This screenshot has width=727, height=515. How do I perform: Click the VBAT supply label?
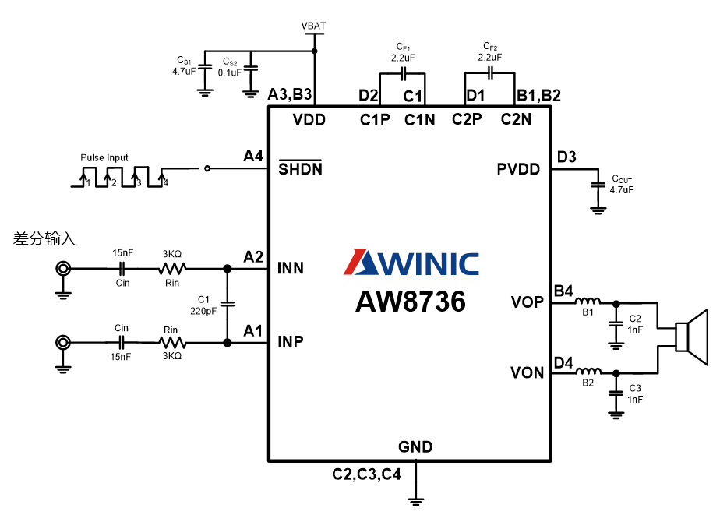click(x=313, y=26)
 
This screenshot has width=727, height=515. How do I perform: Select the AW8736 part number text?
click(x=411, y=302)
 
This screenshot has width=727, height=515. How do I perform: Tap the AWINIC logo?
click(x=411, y=263)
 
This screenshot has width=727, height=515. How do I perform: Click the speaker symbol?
click(x=691, y=337)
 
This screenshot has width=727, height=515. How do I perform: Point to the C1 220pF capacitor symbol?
click(x=228, y=304)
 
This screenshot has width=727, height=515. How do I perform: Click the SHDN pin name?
click(x=300, y=168)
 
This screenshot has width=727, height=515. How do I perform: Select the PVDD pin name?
click(x=518, y=169)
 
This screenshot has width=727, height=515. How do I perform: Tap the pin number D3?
click(x=566, y=157)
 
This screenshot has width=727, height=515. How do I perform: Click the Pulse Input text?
click(x=104, y=157)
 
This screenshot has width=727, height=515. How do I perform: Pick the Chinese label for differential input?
click(x=44, y=238)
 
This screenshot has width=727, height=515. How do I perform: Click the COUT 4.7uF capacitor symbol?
click(x=598, y=185)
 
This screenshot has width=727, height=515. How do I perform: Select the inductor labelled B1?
click(x=588, y=301)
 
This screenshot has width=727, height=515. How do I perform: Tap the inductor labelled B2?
click(x=588, y=370)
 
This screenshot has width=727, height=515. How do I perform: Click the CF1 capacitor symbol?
click(x=403, y=73)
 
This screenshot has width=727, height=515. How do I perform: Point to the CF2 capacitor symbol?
click(x=490, y=72)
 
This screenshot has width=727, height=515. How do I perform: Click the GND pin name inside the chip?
click(x=415, y=447)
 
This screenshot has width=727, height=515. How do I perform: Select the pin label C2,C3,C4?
click(x=366, y=474)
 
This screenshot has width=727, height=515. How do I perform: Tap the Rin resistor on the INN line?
click(x=172, y=268)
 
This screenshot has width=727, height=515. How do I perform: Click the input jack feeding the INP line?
click(x=63, y=343)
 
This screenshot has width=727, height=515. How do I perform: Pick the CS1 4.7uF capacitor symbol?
click(x=204, y=68)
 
